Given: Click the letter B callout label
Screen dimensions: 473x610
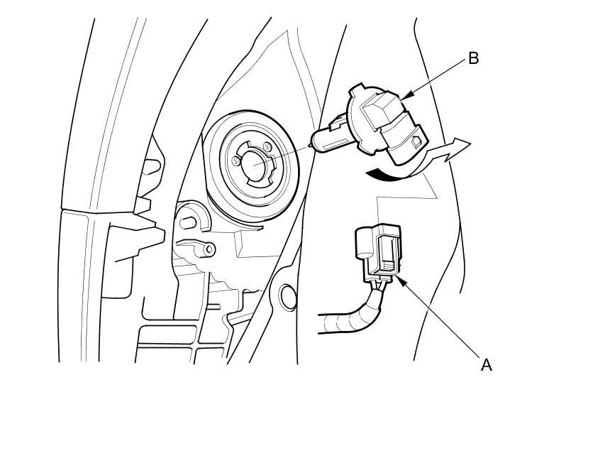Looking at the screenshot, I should pyautogui.click(x=473, y=58).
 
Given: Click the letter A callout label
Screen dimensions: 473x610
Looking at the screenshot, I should pyautogui.click(x=486, y=364).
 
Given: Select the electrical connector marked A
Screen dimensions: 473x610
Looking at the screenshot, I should pyautogui.click(x=379, y=253).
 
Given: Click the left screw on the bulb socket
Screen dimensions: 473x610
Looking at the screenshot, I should pyautogui.click(x=236, y=161).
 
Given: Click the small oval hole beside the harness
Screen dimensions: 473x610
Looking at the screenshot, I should pyautogui.click(x=288, y=296).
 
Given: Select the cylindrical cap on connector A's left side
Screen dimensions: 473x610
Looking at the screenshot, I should pyautogui.click(x=363, y=244).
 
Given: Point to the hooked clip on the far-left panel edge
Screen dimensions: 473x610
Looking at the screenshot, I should pyautogui.click(x=150, y=168).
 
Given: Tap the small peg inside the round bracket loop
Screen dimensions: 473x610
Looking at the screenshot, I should pyautogui.click(x=188, y=222).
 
